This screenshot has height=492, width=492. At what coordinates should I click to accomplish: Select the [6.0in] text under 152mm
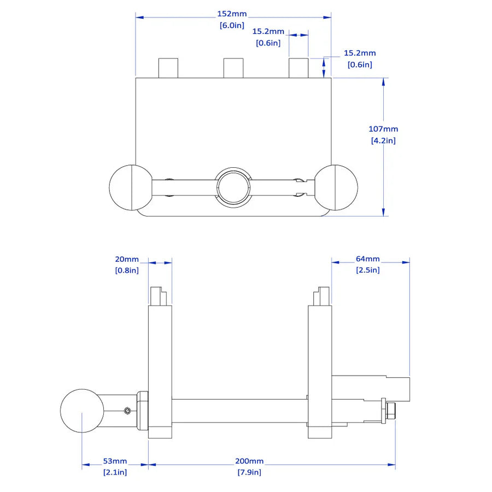tap(233, 25)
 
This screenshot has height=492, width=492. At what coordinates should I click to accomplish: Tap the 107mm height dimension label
tap(383, 129)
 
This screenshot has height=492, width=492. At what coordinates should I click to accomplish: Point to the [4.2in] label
tap(383, 140)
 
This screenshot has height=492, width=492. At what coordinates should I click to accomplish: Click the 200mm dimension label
tap(249, 461)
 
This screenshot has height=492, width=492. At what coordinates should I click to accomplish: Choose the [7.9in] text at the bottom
tap(249, 472)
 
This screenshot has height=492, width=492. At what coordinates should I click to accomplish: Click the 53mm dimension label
tap(115, 461)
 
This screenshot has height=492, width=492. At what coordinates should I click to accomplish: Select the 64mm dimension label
tap(367, 259)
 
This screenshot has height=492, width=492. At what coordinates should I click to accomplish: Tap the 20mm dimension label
tap(127, 259)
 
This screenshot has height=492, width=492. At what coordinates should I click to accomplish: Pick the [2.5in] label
tap(367, 270)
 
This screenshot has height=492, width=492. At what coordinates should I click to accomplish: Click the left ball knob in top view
tap(131, 188)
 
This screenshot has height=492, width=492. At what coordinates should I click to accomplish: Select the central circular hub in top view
tap(233, 187)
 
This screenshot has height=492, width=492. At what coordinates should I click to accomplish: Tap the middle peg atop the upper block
tap(233, 68)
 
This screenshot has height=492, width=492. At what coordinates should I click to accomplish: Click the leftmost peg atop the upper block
tap(168, 68)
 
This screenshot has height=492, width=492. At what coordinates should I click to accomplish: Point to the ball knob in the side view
tap(82, 411)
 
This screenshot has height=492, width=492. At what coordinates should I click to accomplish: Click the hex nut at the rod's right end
tap(391, 411)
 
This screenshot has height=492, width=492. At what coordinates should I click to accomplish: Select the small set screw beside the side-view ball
tap(127, 411)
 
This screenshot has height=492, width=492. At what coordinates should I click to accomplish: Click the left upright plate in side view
tap(160, 372)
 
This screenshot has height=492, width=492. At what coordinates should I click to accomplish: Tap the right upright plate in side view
tap(320, 372)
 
